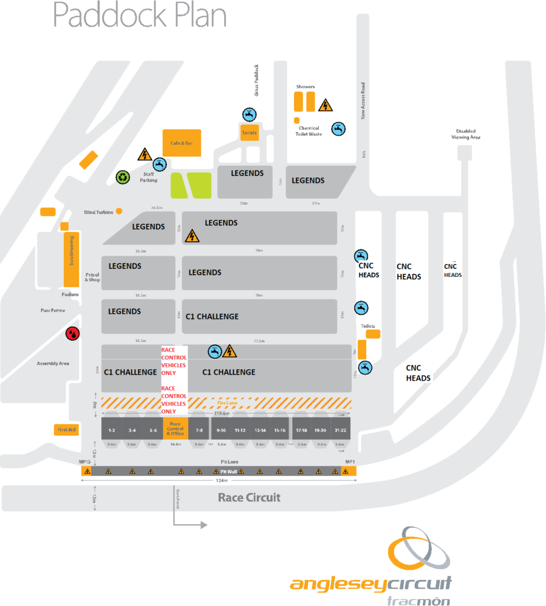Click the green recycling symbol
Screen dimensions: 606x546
click(122, 176)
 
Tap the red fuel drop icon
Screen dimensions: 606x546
click(72, 334)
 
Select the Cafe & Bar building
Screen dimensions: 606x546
click(182, 143)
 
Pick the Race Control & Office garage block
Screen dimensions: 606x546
click(176, 429)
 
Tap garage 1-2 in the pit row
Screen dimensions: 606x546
click(112, 430)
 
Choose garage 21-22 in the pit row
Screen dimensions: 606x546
click(340, 430)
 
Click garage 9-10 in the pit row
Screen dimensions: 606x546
click(221, 430)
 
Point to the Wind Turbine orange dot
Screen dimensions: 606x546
click(119, 211)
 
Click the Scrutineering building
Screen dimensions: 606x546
click(72, 259)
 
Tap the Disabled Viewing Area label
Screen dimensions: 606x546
click(467, 134)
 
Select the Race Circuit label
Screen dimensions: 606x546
click(249, 497)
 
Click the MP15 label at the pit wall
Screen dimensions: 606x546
click(86, 461)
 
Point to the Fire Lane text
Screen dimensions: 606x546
click(227, 402)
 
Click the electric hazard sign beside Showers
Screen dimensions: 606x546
click(325, 106)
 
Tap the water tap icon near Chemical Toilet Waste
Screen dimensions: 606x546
click(338, 128)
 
